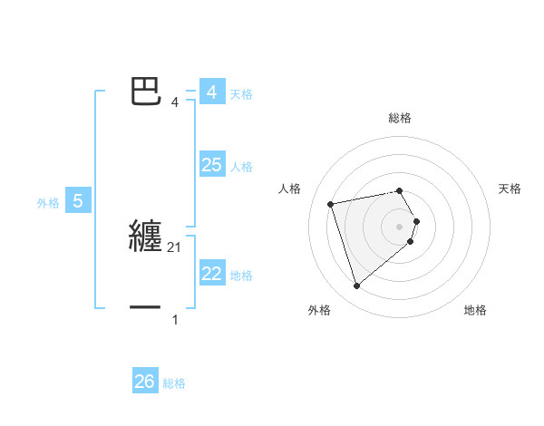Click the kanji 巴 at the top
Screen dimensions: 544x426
tap(147, 91)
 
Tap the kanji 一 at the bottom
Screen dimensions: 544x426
tap(146, 308)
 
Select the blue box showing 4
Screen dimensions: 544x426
tap(211, 92)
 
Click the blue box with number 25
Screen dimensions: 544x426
tap(211, 165)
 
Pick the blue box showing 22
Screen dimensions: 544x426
tap(211, 274)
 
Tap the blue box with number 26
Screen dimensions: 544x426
tap(144, 382)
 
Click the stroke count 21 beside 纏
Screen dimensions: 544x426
tap(175, 247)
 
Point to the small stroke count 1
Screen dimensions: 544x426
tap(175, 320)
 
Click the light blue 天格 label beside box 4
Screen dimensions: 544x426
tap(241, 94)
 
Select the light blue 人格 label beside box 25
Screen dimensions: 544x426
tap(241, 167)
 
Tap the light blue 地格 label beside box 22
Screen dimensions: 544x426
tap(241, 276)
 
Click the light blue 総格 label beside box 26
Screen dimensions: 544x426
tap(174, 383)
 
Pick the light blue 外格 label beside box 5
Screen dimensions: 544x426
tap(48, 203)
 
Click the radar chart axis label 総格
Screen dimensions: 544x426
tap(400, 118)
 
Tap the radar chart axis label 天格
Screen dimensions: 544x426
tap(510, 189)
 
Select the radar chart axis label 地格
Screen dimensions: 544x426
tap(475, 310)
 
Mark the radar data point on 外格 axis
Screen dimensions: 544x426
tap(357, 286)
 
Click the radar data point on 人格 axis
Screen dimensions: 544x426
tap(331, 203)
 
